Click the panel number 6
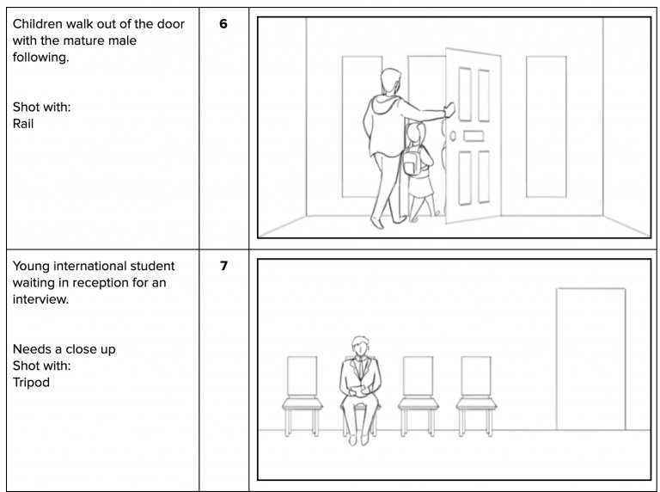[x=223, y=24]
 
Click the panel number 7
[x=223, y=267]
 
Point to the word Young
[x=38, y=265]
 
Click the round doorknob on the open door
[x=454, y=136]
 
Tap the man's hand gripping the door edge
[x=447, y=108]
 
